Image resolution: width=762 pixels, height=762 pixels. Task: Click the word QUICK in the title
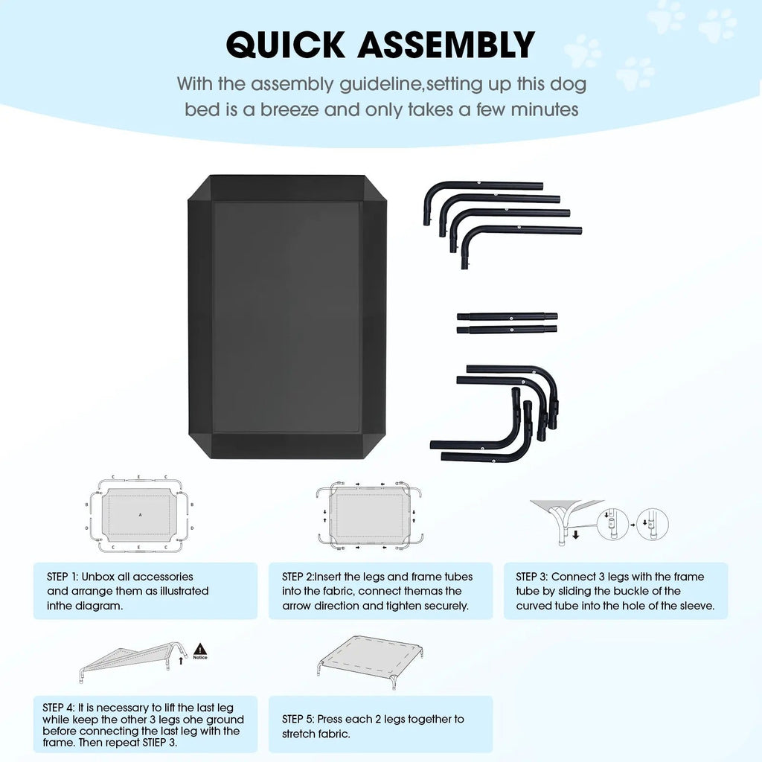click(286, 45)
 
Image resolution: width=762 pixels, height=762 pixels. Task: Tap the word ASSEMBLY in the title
click(446, 45)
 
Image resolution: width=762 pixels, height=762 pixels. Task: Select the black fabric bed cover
click(287, 316)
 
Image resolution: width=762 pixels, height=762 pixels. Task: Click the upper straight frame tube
click(507, 316)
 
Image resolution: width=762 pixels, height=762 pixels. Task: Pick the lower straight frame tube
click(507, 330)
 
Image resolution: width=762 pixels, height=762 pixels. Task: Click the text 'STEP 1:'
click(63, 577)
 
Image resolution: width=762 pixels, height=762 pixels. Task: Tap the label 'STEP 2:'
click(298, 577)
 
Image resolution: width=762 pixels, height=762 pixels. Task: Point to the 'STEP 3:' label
click(531, 577)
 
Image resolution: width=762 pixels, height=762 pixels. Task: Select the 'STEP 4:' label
click(58, 708)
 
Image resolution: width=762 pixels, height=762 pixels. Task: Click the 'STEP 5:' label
click(298, 720)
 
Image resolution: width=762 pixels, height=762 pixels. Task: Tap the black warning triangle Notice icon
click(200, 651)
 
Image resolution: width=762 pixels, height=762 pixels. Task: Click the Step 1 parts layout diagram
click(139, 515)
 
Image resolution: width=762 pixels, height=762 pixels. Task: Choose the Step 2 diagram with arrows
click(369, 515)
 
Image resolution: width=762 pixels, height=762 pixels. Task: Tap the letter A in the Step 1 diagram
click(141, 515)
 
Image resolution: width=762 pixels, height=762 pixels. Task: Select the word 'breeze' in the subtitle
click(289, 110)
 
